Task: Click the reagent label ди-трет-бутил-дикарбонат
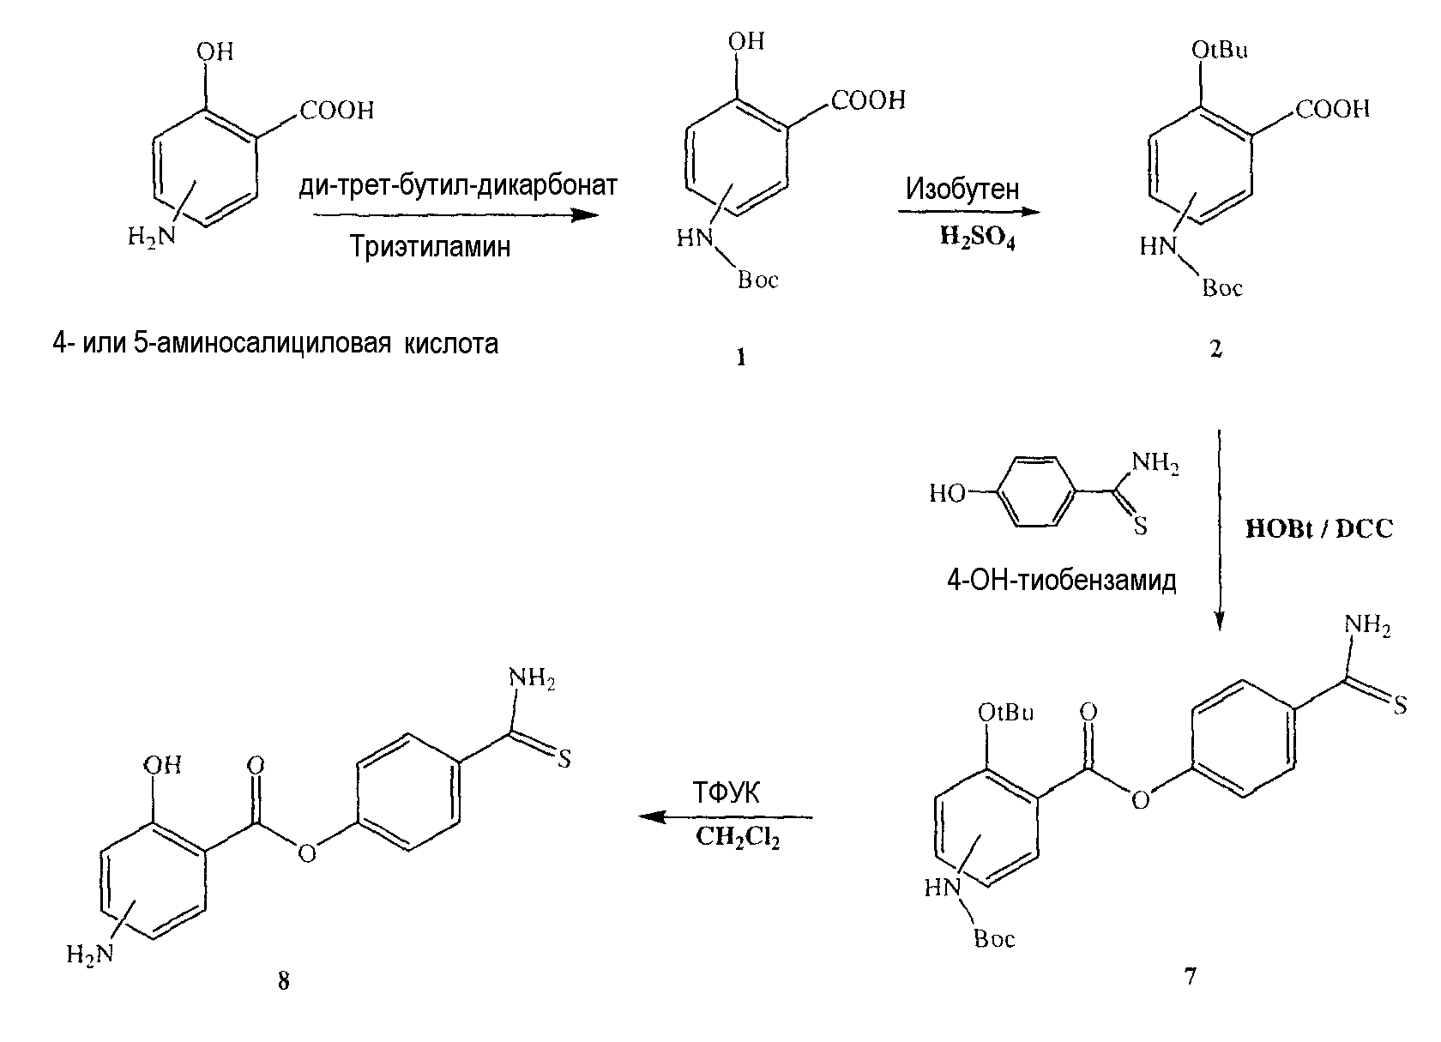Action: point(459,186)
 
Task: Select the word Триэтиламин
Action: point(430,247)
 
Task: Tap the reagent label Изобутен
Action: point(962,189)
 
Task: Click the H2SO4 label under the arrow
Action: point(977,238)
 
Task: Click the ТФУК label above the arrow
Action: point(727,793)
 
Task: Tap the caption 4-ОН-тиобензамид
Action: point(1061,581)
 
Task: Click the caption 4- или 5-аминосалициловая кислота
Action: point(275,345)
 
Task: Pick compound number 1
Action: point(740,358)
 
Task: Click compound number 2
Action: point(1215,350)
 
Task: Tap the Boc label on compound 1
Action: point(757,280)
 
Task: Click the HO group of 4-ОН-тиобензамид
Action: point(947,493)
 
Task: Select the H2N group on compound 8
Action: point(89,955)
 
